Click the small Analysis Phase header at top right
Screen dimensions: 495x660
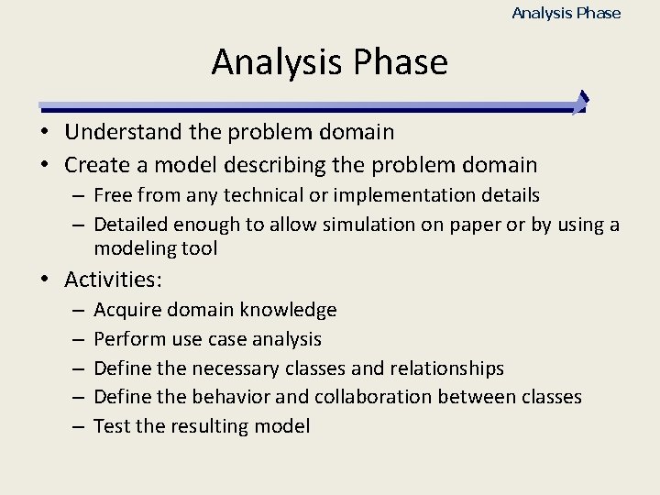[566, 13]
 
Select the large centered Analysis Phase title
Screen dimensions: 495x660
[329, 62]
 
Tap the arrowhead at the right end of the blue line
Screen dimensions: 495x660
[581, 103]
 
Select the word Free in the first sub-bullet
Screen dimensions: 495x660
[111, 195]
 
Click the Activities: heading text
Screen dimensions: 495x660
[113, 280]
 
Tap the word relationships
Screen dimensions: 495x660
[446, 368]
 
